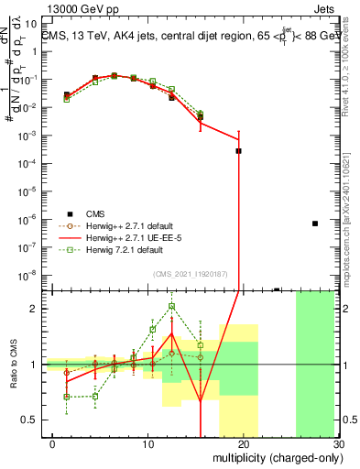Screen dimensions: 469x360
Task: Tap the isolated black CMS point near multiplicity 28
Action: point(314,224)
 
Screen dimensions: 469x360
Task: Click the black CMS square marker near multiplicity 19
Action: point(238,151)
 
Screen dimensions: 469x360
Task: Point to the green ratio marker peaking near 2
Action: point(172,306)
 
